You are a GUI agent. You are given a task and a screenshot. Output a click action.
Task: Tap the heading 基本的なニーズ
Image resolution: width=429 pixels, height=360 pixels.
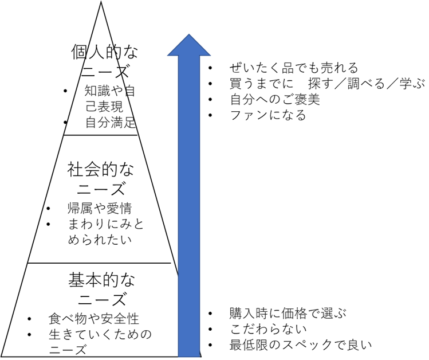(x=101, y=289)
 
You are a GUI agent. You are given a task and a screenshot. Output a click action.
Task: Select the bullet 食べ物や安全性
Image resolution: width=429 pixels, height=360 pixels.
(x=94, y=319)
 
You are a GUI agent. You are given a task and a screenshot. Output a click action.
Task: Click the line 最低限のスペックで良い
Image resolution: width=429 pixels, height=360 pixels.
(x=300, y=345)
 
